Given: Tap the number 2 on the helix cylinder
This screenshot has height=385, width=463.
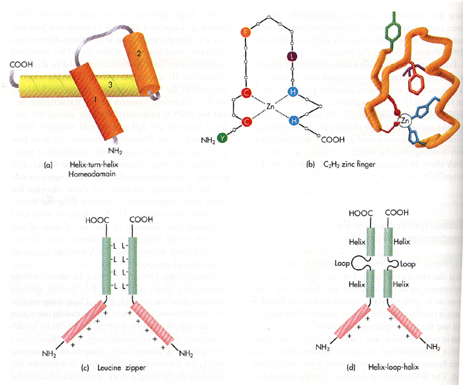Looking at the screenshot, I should pyautogui.click(x=138, y=53).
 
